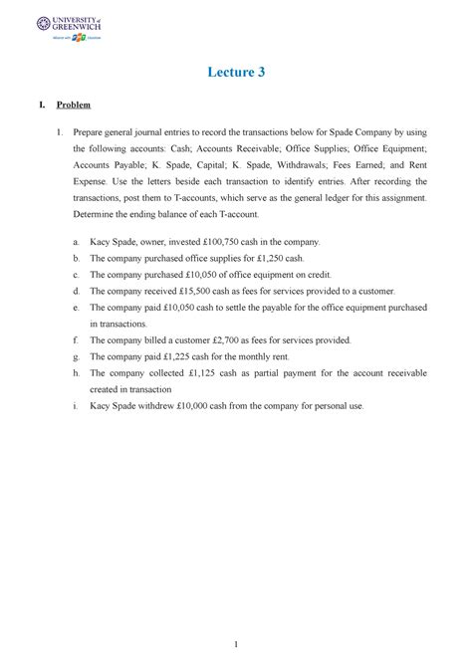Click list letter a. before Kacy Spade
(x=78, y=242)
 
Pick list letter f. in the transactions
(x=78, y=340)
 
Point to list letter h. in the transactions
(x=78, y=373)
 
